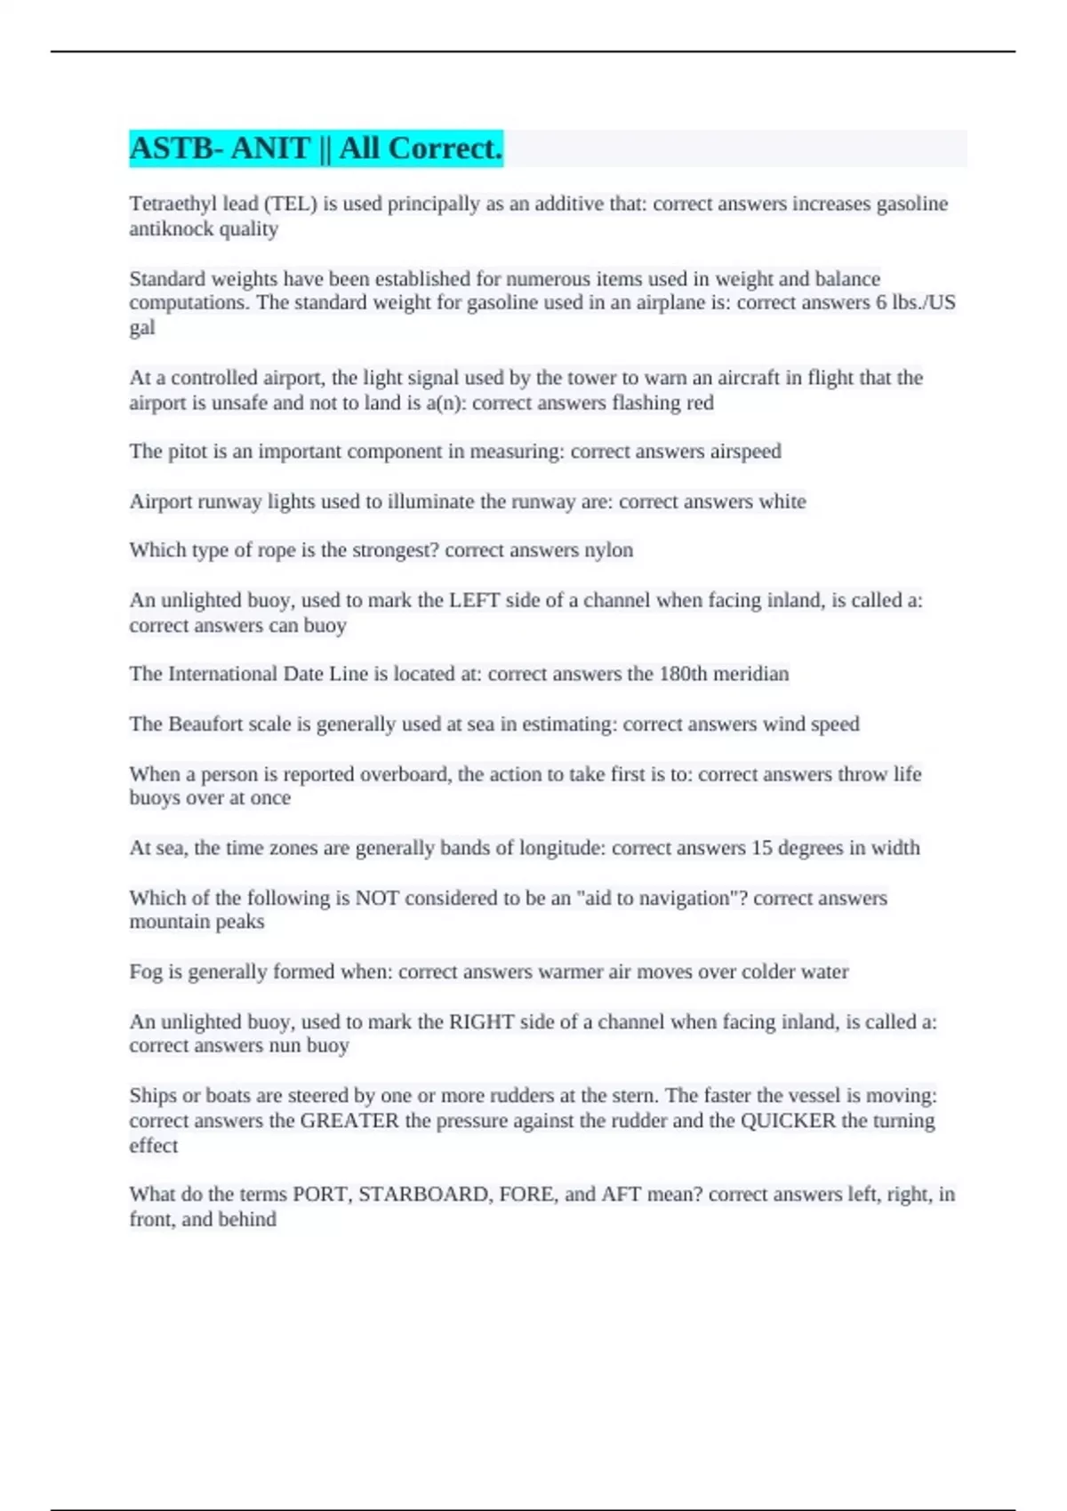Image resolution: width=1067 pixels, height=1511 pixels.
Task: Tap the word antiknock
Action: click(171, 228)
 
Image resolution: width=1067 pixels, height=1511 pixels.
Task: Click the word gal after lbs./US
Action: click(141, 327)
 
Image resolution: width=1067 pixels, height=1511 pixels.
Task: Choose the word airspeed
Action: click(745, 452)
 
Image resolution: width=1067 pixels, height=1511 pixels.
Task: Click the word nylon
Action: click(608, 550)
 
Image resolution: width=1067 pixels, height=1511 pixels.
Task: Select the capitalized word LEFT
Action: click(474, 600)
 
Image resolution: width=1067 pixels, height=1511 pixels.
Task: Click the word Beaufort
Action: click(206, 724)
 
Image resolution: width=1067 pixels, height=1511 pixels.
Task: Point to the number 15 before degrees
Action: click(762, 848)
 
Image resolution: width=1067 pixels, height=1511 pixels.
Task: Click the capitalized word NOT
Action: click(377, 898)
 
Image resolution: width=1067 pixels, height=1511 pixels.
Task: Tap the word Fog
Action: click(146, 971)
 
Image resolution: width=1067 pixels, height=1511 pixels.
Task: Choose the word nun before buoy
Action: click(285, 1045)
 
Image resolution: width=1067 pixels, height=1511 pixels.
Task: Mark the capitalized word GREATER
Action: click(349, 1120)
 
